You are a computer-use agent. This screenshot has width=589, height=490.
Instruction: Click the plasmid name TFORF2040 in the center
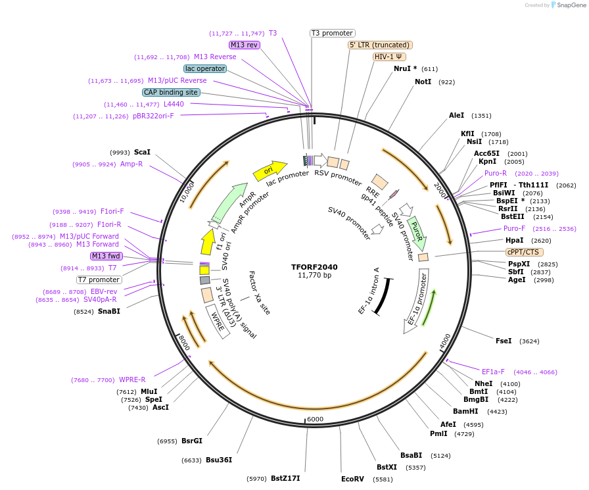(314, 267)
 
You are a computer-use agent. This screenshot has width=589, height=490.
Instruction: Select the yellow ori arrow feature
(270, 170)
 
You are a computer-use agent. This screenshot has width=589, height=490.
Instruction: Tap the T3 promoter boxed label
(332, 33)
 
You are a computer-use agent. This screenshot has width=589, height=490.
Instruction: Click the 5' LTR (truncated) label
(380, 45)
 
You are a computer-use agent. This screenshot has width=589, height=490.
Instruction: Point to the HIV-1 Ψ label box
(389, 57)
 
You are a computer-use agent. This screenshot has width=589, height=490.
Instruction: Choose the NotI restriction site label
(423, 82)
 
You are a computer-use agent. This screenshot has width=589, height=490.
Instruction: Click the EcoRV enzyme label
(352, 479)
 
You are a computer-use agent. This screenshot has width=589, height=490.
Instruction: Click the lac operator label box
(205, 68)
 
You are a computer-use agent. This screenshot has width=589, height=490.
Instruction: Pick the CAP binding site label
(170, 93)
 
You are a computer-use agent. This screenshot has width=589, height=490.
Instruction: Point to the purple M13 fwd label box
(106, 256)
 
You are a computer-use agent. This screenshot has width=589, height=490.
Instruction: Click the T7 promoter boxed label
(99, 280)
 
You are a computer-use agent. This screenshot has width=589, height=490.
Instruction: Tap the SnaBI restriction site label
(109, 311)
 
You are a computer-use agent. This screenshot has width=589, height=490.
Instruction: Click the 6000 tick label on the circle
(316, 420)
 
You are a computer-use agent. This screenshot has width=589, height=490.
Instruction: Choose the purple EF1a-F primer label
(493, 372)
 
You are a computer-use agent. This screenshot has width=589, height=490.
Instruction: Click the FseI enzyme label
(504, 341)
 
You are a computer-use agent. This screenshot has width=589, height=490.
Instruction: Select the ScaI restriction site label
(142, 152)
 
